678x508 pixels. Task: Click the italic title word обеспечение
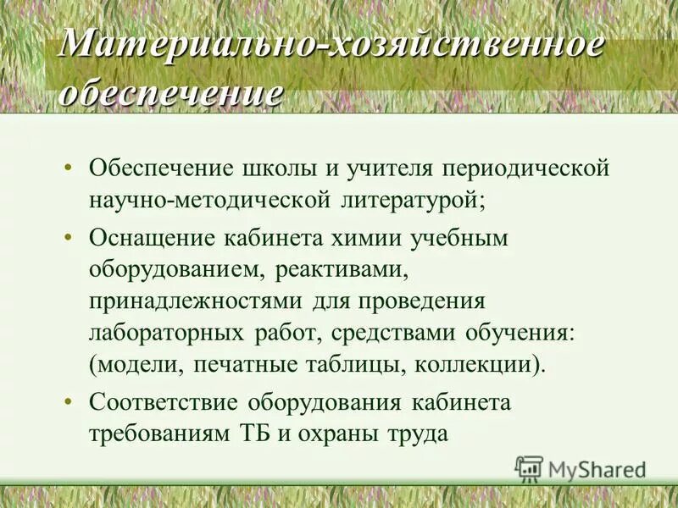pyautogui.click(x=169, y=91)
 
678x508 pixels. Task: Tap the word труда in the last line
pyautogui.click(x=415, y=434)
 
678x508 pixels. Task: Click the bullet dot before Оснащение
pyautogui.click(x=67, y=238)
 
